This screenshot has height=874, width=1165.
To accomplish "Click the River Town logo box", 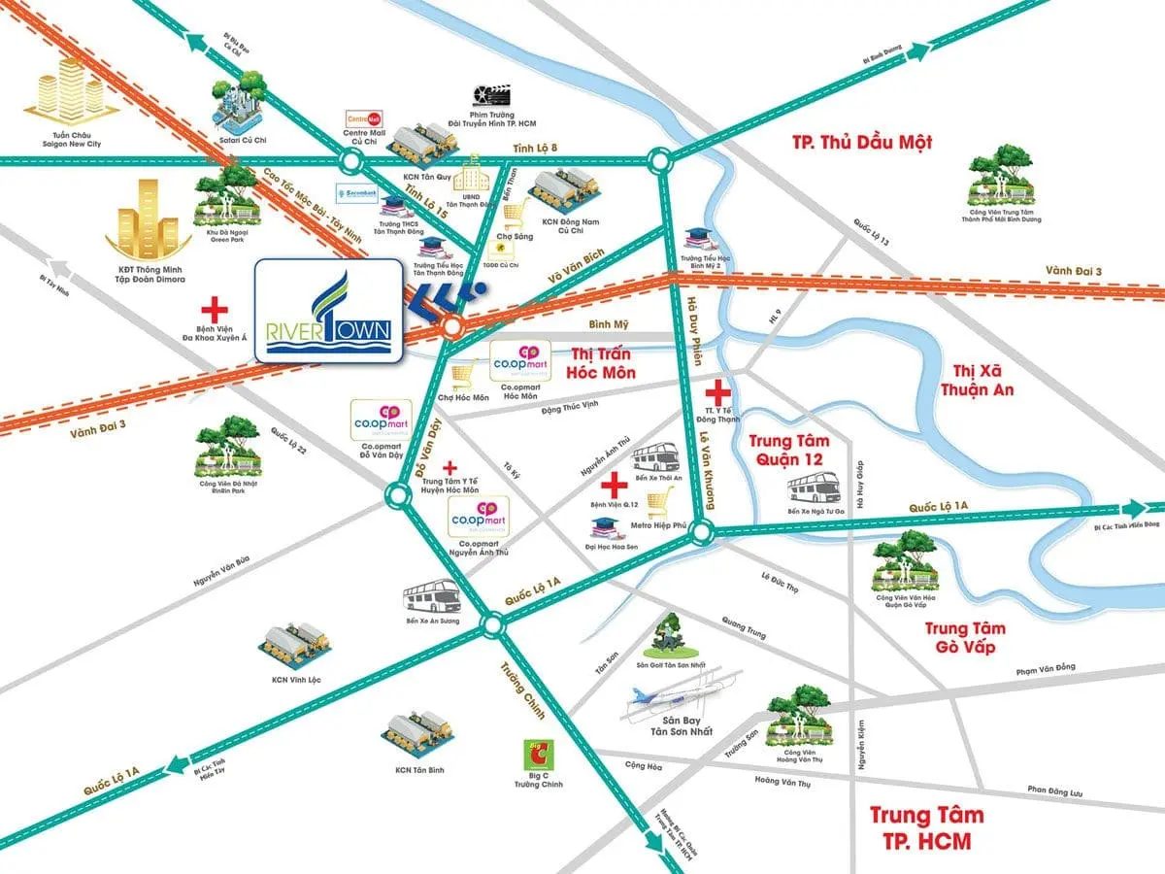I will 328,311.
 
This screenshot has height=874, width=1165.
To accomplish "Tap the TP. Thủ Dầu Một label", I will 861,142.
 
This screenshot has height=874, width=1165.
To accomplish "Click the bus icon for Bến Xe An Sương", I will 431,595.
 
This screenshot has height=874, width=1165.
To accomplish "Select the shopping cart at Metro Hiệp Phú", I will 660,503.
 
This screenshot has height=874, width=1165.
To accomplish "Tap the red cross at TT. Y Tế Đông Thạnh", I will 717,392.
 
